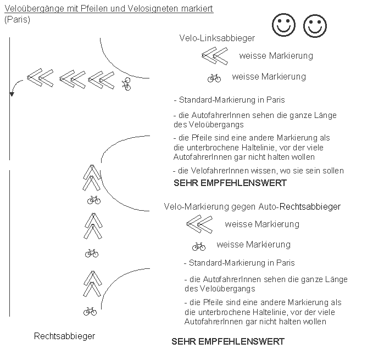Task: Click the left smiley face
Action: [x=283, y=25]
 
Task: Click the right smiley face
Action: [x=315, y=26]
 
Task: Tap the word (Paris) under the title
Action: [x=17, y=19]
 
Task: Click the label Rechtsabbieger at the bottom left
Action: [x=64, y=336]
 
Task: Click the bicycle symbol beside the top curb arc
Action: [x=127, y=83]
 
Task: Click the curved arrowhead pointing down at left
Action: [x=12, y=94]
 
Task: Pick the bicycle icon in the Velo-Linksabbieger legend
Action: [x=214, y=78]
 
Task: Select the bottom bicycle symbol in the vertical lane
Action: [x=90, y=312]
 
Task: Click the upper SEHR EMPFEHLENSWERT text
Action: [x=230, y=183]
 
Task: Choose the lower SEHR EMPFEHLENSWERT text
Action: [x=228, y=341]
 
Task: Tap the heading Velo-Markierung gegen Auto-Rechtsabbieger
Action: [x=252, y=207]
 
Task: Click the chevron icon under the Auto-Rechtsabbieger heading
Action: [x=199, y=224]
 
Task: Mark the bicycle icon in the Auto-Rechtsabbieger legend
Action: [x=199, y=246]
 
